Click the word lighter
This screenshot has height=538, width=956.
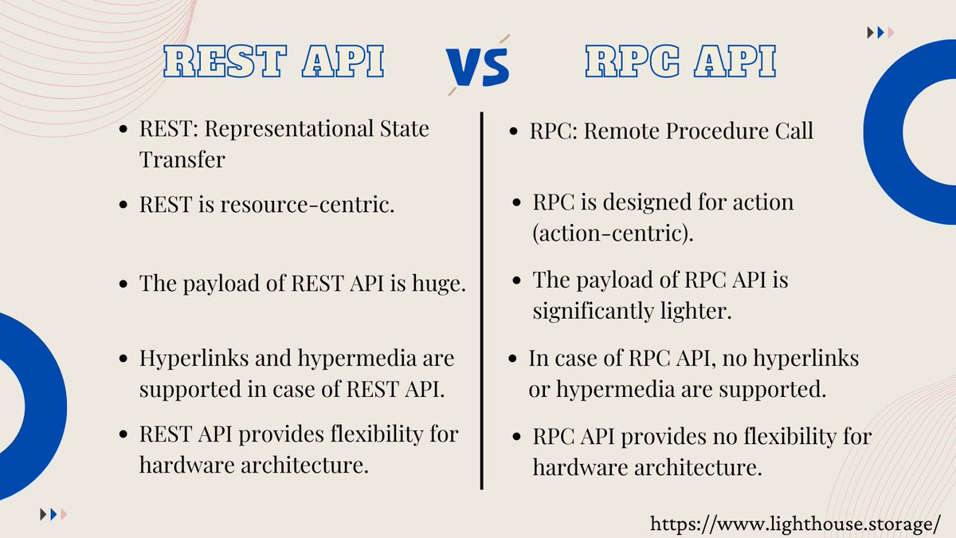click(693, 312)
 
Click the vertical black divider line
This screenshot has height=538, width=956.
click(482, 303)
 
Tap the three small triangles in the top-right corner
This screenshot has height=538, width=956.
click(880, 33)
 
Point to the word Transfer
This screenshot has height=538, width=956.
click(182, 159)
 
